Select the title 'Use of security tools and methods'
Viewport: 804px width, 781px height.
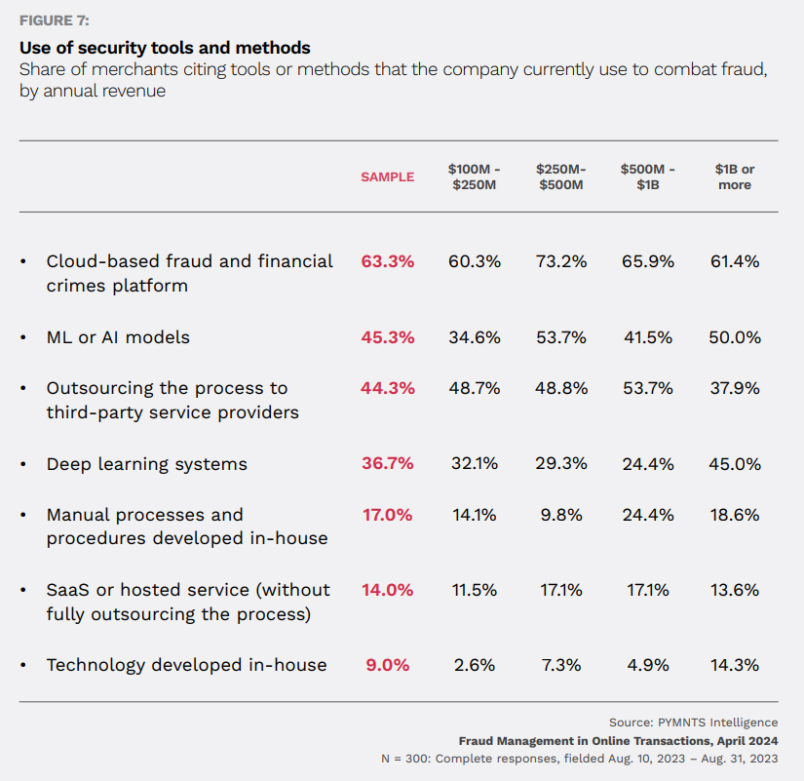[x=165, y=47]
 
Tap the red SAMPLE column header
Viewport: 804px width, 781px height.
[x=387, y=176]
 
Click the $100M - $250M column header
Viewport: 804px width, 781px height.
[x=475, y=176]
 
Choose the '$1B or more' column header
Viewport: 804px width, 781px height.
[x=735, y=176]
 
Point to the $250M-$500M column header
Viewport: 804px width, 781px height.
[x=561, y=176]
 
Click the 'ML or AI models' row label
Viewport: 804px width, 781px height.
[x=118, y=337]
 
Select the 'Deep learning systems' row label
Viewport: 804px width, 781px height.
[x=146, y=464]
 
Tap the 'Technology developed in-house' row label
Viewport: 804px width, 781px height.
[x=186, y=665]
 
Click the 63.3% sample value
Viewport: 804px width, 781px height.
[x=387, y=261]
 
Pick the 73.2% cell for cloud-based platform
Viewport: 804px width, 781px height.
[x=561, y=261]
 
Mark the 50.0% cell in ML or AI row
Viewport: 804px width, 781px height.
[x=735, y=337]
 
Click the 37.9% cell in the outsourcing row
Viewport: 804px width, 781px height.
[x=735, y=388]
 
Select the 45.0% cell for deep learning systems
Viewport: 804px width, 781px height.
[x=735, y=464]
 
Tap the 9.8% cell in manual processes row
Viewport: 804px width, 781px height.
[x=561, y=515]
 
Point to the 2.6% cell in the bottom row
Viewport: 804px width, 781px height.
[x=475, y=665]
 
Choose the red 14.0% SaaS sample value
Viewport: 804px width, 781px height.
[x=387, y=590]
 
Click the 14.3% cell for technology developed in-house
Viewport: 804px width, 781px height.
[x=735, y=665]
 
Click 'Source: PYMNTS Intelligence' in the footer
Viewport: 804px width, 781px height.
[x=693, y=722]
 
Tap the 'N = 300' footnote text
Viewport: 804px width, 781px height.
[x=579, y=758]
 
